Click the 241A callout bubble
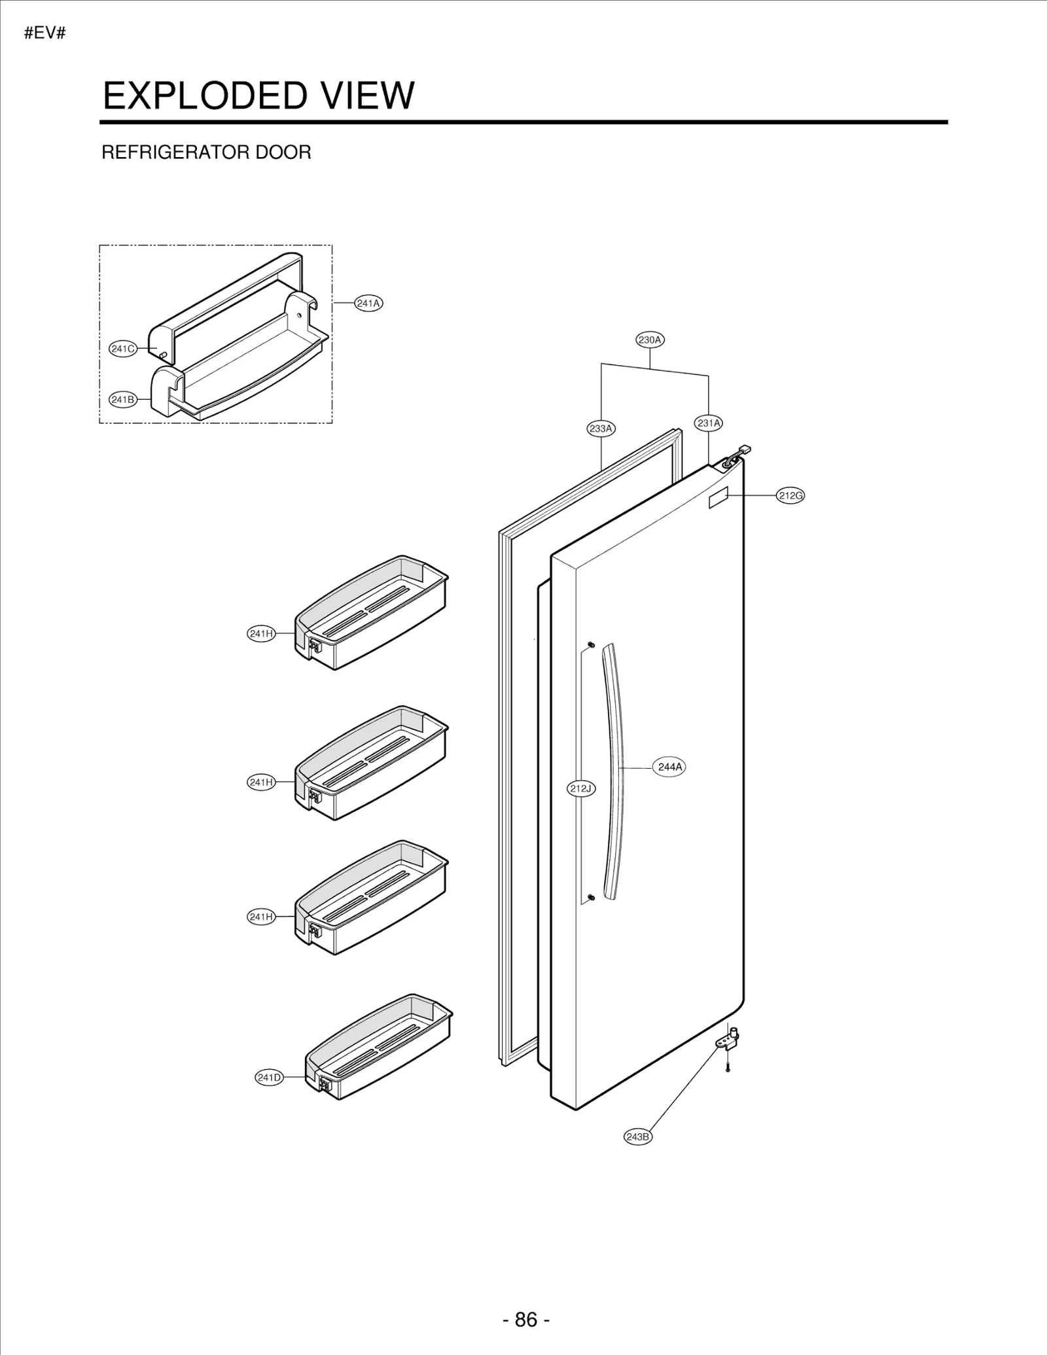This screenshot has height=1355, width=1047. pyautogui.click(x=368, y=303)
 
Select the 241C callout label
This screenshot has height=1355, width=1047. pyautogui.click(x=122, y=349)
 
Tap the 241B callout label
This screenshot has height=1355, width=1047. pyautogui.click(x=122, y=399)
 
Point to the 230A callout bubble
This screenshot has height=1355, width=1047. pyautogui.click(x=650, y=340)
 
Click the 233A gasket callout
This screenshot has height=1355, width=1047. pyautogui.click(x=601, y=429)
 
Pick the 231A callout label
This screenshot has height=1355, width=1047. pyautogui.click(x=709, y=423)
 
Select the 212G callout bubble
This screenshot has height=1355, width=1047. pyautogui.click(x=790, y=495)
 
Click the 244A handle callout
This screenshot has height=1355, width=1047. pyautogui.click(x=669, y=767)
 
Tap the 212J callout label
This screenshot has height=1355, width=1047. pyautogui.click(x=580, y=788)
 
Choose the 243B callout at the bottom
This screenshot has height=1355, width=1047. pyautogui.click(x=638, y=1136)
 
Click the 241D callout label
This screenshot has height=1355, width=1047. pyautogui.click(x=269, y=1077)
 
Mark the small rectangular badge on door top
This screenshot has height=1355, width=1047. pyautogui.click(x=718, y=497)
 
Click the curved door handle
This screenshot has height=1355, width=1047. pyautogui.click(x=614, y=772)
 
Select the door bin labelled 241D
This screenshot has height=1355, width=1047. pyautogui.click(x=380, y=1047)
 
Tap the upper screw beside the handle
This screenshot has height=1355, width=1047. pyautogui.click(x=591, y=645)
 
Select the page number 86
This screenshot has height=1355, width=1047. pyautogui.click(x=526, y=1319)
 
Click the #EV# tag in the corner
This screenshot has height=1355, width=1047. pyautogui.click(x=45, y=33)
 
